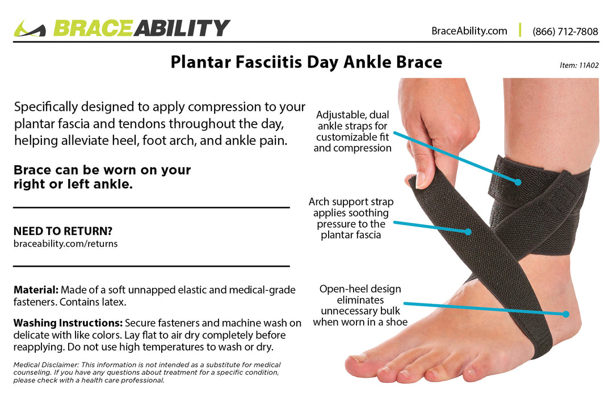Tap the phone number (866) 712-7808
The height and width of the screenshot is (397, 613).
click(x=565, y=31)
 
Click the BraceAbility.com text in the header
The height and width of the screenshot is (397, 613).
click(x=469, y=31)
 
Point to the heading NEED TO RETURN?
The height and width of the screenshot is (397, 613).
click(x=62, y=231)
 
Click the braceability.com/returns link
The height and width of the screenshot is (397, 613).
click(x=65, y=243)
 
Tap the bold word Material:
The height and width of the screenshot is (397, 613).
click(x=36, y=290)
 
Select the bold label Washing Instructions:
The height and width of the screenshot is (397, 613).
click(x=68, y=323)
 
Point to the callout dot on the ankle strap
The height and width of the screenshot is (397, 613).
click(x=518, y=182)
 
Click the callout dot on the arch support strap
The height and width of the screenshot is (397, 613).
click(x=468, y=232)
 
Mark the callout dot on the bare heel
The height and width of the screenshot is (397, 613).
click(x=566, y=314)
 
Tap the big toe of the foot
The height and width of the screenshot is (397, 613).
click(x=358, y=361)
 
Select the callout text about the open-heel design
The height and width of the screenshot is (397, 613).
click(x=360, y=306)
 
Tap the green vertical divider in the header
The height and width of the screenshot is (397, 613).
click(x=520, y=31)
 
